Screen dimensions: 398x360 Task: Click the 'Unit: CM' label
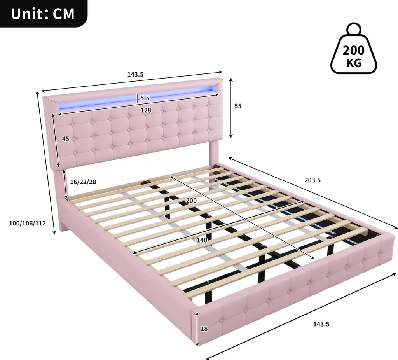pos(43,14)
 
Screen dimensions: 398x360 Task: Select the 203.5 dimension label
pos(312,180)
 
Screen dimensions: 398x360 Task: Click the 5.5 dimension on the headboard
pos(145,98)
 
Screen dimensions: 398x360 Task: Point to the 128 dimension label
pos(146,110)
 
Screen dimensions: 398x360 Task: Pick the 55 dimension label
pos(238,106)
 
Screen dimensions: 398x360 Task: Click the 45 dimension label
pos(65,139)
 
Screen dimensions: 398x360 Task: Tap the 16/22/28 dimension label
pos(83,182)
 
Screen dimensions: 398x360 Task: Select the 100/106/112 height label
pos(28,224)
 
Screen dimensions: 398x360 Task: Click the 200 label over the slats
pos(191,201)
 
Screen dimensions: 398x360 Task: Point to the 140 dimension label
pos(202,240)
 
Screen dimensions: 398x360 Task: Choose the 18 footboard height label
pos(204,329)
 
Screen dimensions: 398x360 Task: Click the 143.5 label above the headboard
pos(135,74)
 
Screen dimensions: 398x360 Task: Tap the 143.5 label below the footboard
pos(321,324)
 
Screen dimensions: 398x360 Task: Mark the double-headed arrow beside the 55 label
pos(231,108)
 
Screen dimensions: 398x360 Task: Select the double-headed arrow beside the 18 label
pos(197,329)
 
